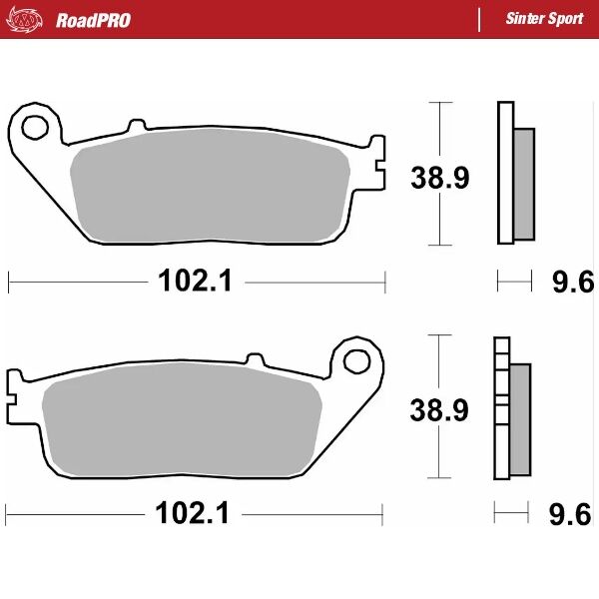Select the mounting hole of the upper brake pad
[x=36, y=127]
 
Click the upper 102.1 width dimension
[x=195, y=283]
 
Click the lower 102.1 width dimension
[x=194, y=514]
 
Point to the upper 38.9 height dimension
[x=440, y=178]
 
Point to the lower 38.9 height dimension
[x=440, y=410]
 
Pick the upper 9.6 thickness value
[x=566, y=284]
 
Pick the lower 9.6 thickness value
[x=566, y=515]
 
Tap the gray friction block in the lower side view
[x=521, y=419]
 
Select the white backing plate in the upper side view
[x=504, y=173]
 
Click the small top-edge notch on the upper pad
[x=134, y=127]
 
